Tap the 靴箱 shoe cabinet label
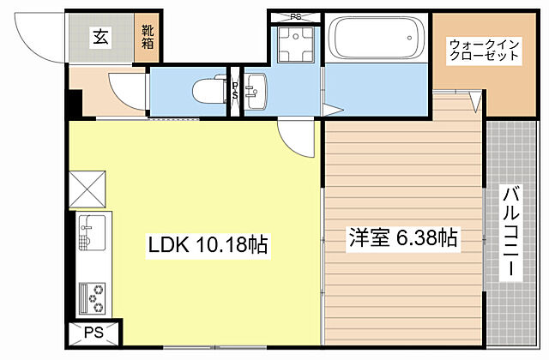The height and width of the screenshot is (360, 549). pos(148,37)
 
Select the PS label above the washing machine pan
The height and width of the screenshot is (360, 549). pos(296,15)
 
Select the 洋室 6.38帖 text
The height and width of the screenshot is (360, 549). pos(401,238)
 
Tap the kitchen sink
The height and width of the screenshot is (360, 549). pos(90,231)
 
